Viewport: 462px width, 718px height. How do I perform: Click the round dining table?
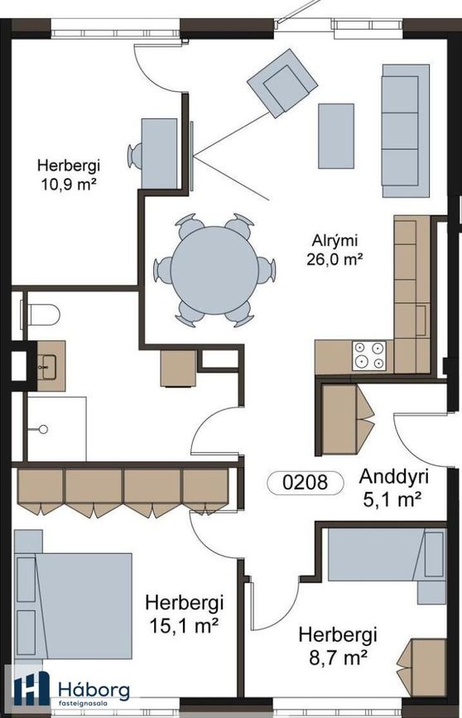pos(214,270)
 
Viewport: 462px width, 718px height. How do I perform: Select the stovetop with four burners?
pos(369,356)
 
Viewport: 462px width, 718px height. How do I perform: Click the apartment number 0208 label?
pos(306,483)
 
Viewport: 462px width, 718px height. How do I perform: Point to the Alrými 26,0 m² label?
pos(334,250)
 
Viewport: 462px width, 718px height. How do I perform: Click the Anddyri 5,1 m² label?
pos(393,488)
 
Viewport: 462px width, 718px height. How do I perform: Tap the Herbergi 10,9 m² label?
pos(69,175)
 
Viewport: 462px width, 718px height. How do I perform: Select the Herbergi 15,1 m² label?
pos(184,614)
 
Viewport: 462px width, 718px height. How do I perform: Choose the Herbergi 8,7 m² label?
pos(338,646)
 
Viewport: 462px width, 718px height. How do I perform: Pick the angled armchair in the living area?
pos(282,84)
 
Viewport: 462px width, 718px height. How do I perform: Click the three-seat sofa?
pos(406,131)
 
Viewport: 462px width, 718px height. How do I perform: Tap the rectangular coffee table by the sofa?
pos(336,136)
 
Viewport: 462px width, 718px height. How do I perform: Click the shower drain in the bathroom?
pos(44,430)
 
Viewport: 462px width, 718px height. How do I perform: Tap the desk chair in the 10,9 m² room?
pos(135,156)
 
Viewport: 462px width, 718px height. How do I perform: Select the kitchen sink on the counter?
pos(421,320)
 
